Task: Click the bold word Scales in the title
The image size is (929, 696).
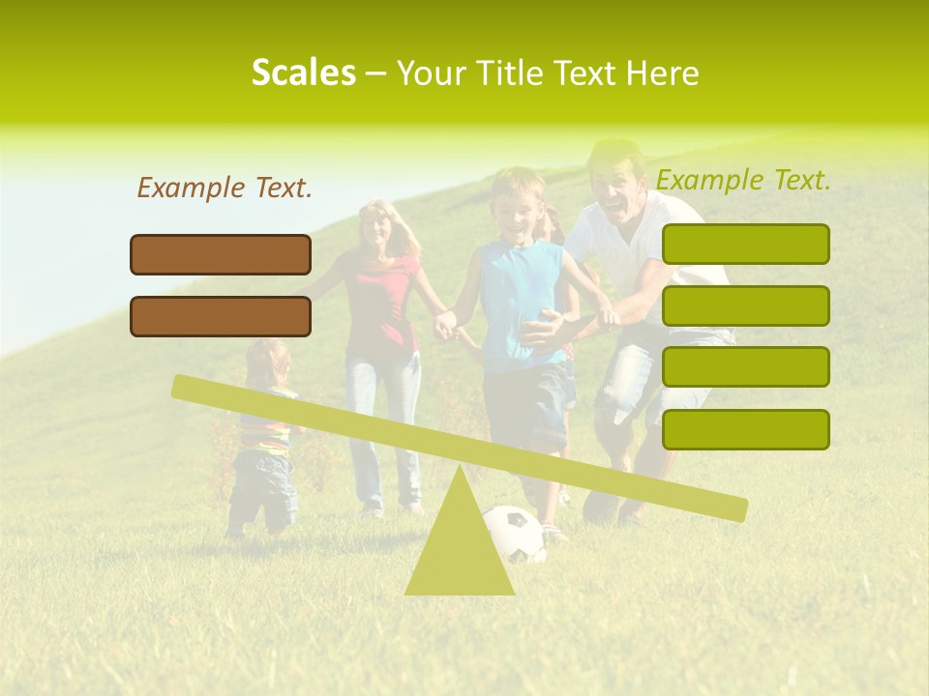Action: pos(303,72)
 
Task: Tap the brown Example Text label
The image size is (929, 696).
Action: pos(225,188)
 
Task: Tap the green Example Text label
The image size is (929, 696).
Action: pos(743,180)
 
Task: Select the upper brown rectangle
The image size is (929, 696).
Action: pos(221,254)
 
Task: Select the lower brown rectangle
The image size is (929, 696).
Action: pos(221,316)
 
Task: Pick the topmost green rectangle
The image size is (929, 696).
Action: pos(745,244)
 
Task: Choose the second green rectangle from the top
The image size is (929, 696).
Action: pos(745,305)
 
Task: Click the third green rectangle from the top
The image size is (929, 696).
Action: pos(745,366)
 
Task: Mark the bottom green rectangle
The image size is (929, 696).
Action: pos(745,429)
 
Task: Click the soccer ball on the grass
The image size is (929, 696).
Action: pos(514,534)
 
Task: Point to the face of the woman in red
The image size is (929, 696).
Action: pos(375,228)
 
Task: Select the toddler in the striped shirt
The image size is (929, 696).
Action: pos(264,435)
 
